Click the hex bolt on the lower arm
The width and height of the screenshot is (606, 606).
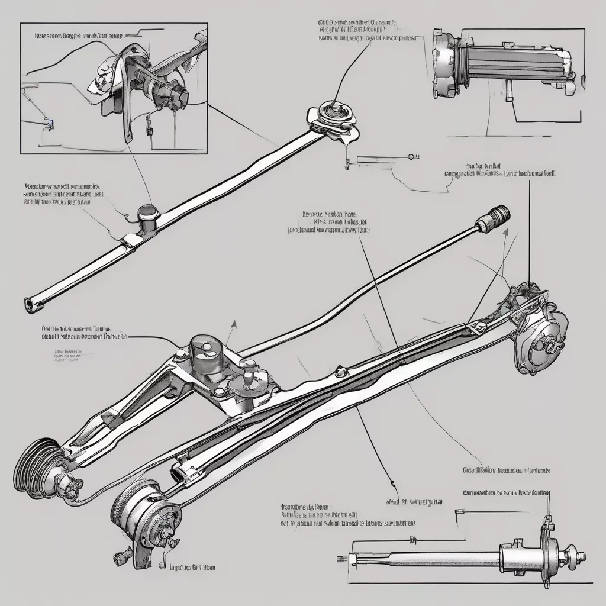pyautogui.click(x=340, y=372)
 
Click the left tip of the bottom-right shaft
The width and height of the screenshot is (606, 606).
pyautogui.click(x=339, y=557)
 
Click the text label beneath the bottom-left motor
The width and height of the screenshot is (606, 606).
pyautogui.click(x=192, y=567)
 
